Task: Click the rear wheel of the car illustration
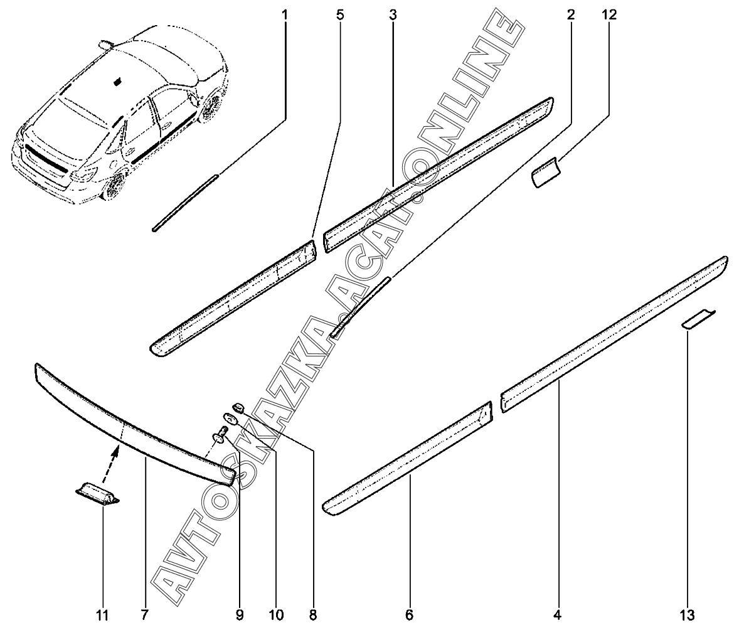115,186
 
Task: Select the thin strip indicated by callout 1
185,203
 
